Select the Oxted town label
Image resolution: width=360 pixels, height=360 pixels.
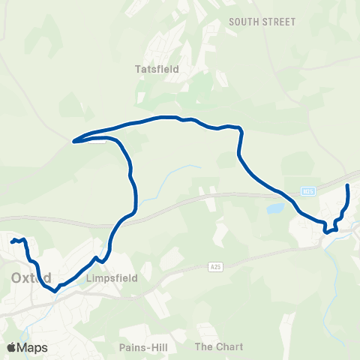[x=31, y=277]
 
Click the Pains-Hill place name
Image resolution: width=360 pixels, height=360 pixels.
[x=142, y=347]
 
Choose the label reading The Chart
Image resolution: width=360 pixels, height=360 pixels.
[x=214, y=346]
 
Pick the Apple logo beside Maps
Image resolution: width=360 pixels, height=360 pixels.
[x=11, y=348]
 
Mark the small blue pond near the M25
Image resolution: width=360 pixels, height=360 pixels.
[x=275, y=207]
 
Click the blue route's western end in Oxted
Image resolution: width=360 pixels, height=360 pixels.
[x=12, y=241]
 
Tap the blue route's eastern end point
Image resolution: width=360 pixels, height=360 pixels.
[x=348, y=184]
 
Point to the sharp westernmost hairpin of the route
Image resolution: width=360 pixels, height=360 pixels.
[x=73, y=140]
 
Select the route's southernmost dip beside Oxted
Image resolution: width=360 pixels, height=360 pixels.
[x=55, y=289]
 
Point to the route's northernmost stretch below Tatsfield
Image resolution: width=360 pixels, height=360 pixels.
[x=169, y=117]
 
